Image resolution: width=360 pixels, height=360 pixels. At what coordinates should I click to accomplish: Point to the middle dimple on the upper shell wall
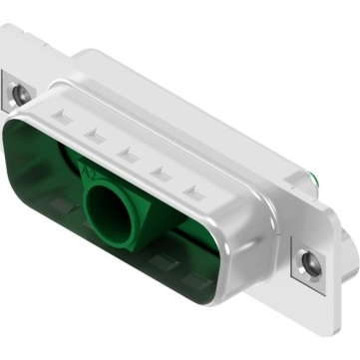point(128,152)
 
